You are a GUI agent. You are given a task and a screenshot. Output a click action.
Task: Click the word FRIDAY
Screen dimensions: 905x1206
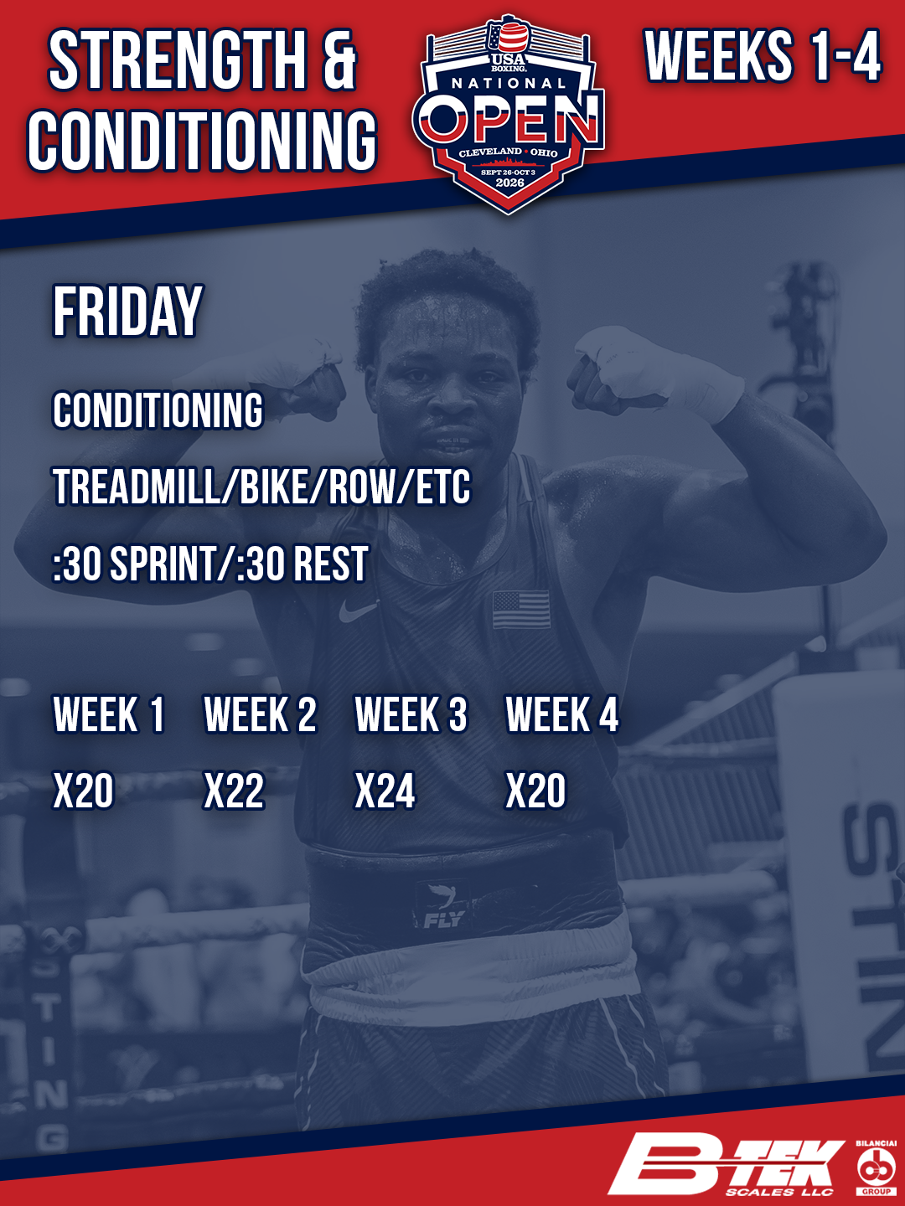point(127,311)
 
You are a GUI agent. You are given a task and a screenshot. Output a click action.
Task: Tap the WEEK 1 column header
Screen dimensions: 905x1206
point(108,714)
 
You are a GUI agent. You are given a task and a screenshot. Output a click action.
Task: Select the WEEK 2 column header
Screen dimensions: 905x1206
point(260,714)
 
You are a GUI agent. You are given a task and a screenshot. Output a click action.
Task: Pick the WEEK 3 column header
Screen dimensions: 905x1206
point(411,714)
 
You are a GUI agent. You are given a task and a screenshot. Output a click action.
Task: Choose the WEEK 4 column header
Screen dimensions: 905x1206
point(561,714)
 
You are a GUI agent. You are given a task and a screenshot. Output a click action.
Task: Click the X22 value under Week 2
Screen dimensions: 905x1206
point(234,791)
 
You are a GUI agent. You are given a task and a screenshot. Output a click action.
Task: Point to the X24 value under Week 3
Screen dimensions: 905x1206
point(385,791)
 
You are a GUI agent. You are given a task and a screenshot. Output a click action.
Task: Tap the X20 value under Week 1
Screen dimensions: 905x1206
point(83,791)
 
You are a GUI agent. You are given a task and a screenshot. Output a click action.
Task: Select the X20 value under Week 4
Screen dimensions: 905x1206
point(535,791)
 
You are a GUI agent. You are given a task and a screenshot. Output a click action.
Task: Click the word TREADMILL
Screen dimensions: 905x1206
point(136,487)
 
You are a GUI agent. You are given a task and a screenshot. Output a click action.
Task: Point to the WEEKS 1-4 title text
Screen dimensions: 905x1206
point(763,55)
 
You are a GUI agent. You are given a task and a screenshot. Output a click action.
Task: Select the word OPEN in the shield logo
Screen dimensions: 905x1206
point(511,119)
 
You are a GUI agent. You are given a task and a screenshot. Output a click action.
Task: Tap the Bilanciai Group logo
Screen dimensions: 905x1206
point(876,1167)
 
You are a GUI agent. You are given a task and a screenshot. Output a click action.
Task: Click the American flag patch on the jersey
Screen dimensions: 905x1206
point(521,610)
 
